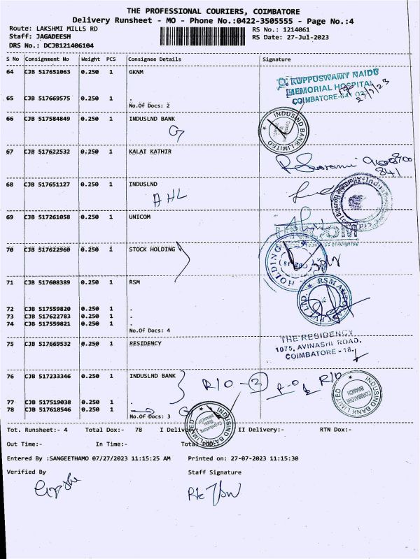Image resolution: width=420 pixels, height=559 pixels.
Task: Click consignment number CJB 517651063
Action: (47, 71)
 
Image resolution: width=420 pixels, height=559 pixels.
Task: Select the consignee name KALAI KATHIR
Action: (150, 151)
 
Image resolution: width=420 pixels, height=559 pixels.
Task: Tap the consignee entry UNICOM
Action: (141, 217)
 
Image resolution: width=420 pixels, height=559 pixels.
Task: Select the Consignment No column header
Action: (46, 59)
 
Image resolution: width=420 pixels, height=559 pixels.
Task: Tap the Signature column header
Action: (276, 59)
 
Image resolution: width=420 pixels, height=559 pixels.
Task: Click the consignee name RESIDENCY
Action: (145, 343)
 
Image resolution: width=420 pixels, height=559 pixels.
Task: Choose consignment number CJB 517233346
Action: (47, 376)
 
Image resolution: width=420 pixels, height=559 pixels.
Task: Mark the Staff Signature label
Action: (215, 472)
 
